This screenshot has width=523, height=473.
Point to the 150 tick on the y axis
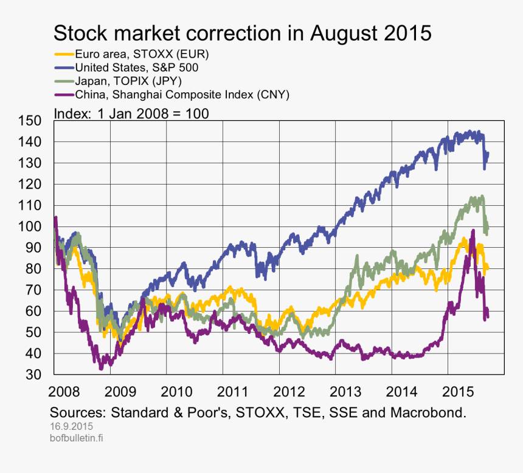(x=31, y=121)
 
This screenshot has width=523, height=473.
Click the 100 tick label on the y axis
(x=31, y=226)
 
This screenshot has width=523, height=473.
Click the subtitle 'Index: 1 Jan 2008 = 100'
(x=131, y=113)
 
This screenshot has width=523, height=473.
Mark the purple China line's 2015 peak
(x=473, y=231)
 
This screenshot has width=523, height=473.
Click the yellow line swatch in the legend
(x=64, y=54)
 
